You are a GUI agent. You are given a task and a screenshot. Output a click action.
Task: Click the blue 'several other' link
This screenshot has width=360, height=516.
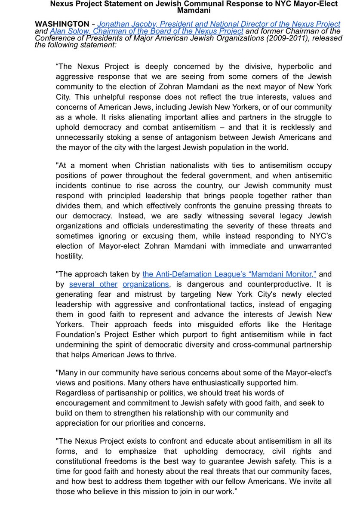pos(93,284)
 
